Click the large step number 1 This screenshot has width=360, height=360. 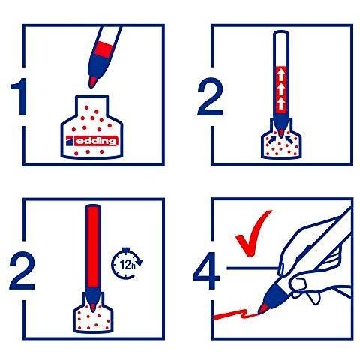19,97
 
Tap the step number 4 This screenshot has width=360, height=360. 206,271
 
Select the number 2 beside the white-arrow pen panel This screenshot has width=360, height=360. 211,97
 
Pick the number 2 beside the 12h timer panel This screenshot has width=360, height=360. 22,271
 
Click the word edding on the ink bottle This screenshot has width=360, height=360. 97,141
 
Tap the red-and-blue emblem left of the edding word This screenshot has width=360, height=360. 70,141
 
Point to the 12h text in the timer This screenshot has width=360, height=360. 127,265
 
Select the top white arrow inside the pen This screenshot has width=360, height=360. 281,75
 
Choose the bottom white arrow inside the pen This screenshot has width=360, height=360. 281,103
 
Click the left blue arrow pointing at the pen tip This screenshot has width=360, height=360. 272,139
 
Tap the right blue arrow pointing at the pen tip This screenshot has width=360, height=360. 289,139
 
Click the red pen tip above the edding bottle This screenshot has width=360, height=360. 93,82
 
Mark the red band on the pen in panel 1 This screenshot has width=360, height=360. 104,49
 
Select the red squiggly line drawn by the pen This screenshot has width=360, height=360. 235,314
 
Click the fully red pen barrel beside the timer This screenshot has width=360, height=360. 93,248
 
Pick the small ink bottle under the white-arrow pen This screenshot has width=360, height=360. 281,142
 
